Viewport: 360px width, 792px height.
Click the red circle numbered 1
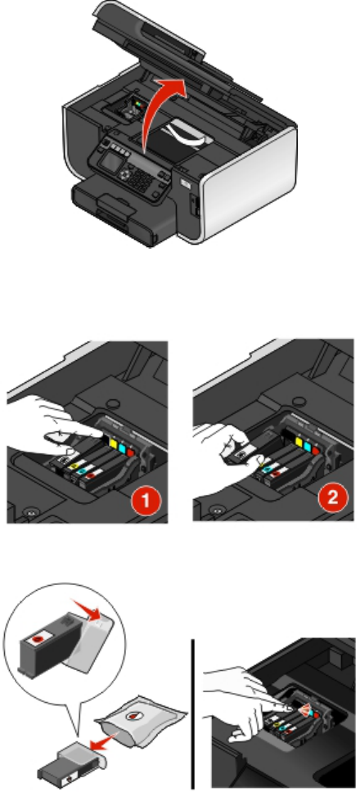click(x=145, y=501)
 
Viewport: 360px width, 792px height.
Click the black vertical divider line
click(x=192, y=714)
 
